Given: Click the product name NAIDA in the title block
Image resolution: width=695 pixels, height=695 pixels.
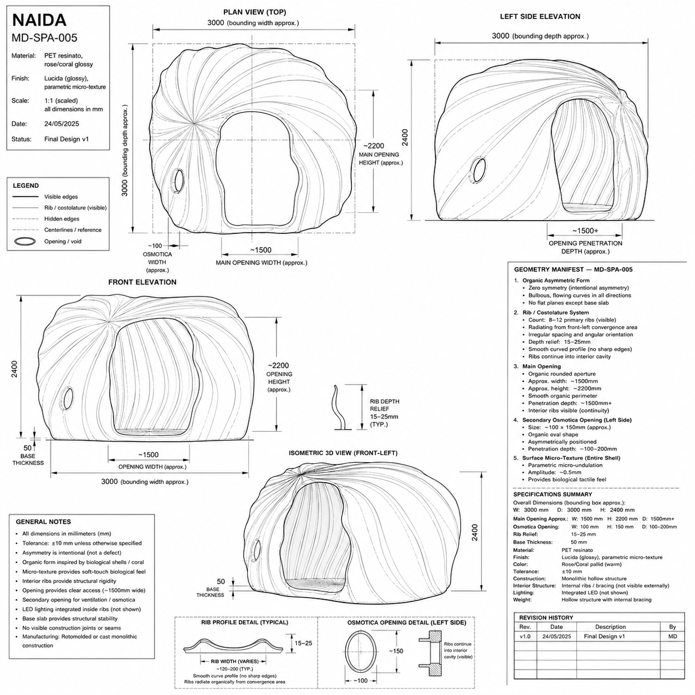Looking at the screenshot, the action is (39, 20).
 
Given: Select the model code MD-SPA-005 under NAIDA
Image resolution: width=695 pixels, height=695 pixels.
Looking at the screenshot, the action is (44, 38).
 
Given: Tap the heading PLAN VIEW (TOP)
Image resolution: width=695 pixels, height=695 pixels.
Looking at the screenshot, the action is (254, 12).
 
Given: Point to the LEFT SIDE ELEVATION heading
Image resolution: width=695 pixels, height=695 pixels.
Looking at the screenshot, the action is (540, 17).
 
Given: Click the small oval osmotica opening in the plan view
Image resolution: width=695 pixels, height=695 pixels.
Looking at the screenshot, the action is (178, 180).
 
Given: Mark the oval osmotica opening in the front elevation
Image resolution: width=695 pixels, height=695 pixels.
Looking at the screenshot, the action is (68, 398).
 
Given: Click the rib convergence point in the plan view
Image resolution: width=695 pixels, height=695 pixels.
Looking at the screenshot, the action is (193, 124).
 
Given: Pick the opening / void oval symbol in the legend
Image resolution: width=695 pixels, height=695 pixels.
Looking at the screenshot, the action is (25, 241).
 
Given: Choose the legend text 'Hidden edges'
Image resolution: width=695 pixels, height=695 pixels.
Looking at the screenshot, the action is (62, 219).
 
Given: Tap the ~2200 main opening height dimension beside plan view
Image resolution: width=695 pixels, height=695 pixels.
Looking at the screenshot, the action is (374, 146).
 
